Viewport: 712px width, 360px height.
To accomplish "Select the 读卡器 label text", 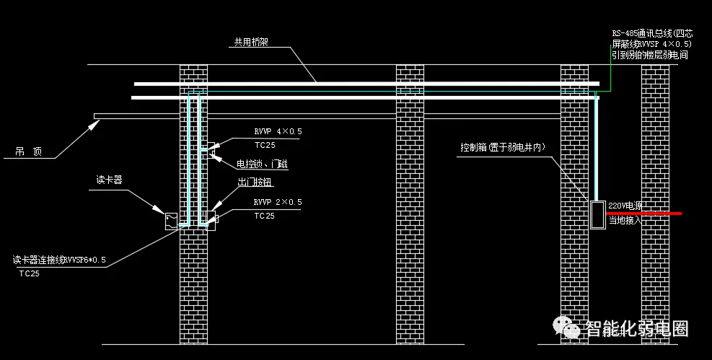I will click(110, 180).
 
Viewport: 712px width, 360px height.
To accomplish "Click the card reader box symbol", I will click(171, 221).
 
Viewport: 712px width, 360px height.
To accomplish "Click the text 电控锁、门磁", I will click(263, 164).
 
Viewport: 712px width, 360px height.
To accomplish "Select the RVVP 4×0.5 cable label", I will click(278, 132).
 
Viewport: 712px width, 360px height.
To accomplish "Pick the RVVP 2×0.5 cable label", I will click(278, 202).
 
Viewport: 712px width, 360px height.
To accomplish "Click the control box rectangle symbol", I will click(597, 215).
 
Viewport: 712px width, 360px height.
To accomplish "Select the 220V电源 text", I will click(625, 206).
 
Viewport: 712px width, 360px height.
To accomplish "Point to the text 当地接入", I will click(625, 220).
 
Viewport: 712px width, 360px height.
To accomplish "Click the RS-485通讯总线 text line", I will click(651, 33).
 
